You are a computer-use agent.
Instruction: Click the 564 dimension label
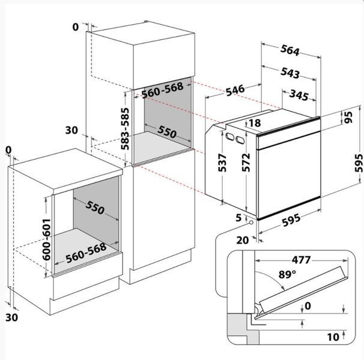point(290,50)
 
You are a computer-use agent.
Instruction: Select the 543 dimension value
point(290,73)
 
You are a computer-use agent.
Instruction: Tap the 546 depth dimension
point(235,90)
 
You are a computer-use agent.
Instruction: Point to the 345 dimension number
point(299,95)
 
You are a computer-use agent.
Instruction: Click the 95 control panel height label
point(348,117)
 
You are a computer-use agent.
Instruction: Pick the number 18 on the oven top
point(255,123)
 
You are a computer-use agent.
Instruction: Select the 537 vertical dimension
point(222,163)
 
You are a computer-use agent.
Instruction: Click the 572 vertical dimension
point(246,163)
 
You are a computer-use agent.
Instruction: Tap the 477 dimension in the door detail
point(301,260)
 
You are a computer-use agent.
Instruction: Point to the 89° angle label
point(287,274)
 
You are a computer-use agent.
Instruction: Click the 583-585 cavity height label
point(125,129)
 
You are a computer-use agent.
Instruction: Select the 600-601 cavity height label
point(46,239)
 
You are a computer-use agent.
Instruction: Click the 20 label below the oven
point(242,241)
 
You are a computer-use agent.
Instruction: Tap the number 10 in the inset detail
point(333,337)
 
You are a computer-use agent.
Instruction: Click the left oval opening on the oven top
point(230,136)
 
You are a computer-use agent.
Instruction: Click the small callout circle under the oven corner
point(251,222)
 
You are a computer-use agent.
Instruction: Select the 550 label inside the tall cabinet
point(167,132)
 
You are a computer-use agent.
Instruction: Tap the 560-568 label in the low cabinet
point(86,253)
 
